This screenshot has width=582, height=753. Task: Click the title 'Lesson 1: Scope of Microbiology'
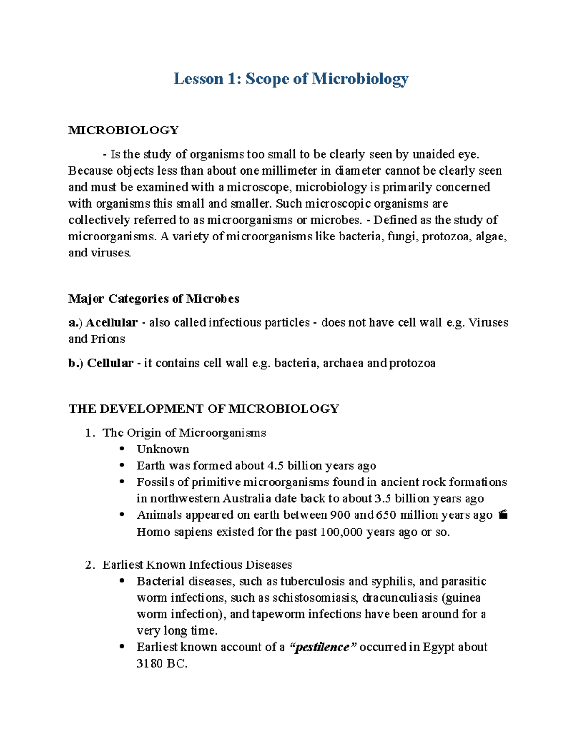click(291, 79)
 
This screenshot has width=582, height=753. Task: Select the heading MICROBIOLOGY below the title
click(124, 130)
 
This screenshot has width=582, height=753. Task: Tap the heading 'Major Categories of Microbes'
click(154, 298)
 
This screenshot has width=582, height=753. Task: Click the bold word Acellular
click(112, 322)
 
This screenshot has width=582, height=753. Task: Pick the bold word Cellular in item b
click(110, 363)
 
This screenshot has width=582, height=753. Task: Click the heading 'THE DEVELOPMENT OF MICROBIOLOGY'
click(204, 408)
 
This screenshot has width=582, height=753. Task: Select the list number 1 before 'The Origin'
click(88, 433)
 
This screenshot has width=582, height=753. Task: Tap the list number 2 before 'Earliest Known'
click(88, 565)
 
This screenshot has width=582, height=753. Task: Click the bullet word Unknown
click(162, 449)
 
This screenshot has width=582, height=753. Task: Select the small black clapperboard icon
click(503, 515)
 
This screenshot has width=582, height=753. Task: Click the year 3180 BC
click(162, 664)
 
